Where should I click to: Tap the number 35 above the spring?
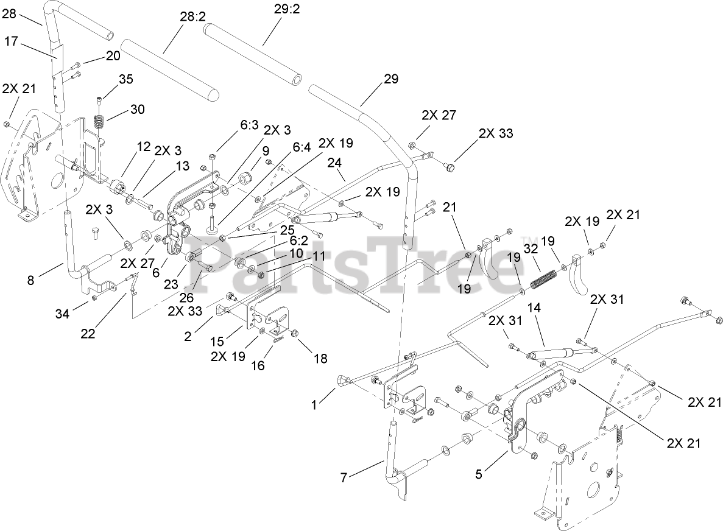tap(125, 79)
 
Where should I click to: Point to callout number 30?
tap(138, 110)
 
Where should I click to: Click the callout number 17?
tap(11, 42)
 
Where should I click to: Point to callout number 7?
tap(344, 478)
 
